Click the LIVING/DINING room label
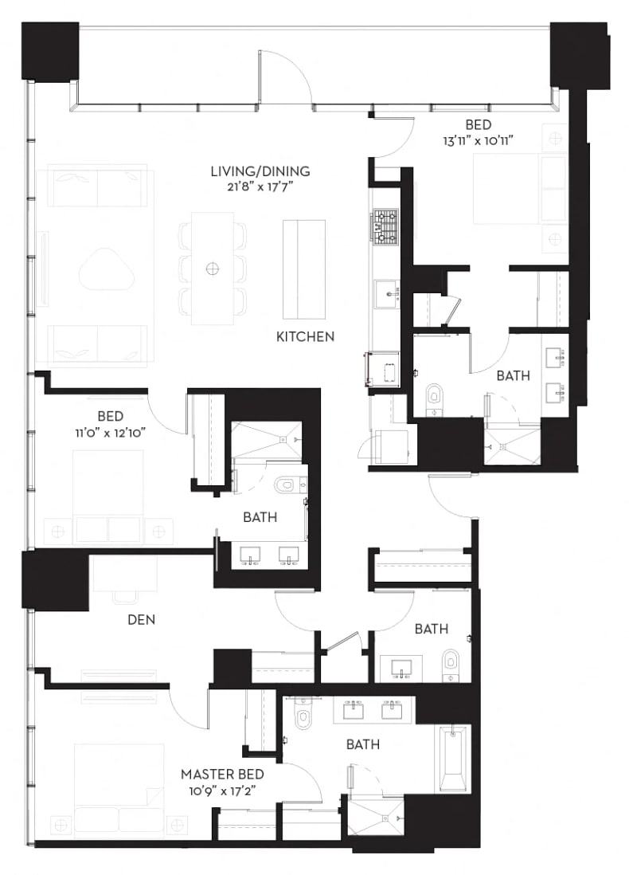point(260,171)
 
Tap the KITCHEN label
point(305,337)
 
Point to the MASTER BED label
point(222,774)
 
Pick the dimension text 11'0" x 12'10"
point(111,431)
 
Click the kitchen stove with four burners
point(386,225)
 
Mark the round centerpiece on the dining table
point(213,269)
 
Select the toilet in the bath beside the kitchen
point(434,395)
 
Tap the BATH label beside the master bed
point(362,744)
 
